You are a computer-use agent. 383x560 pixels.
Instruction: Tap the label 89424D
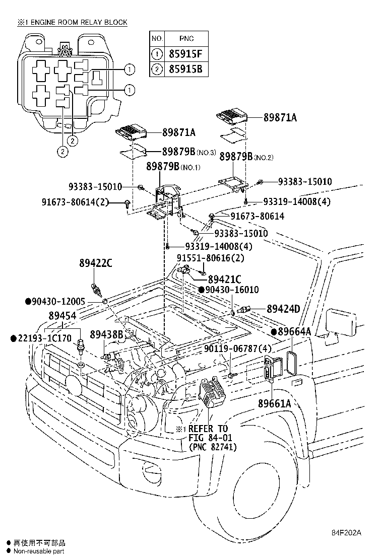click(283, 309)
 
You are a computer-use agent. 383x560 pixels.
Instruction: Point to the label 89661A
click(275, 403)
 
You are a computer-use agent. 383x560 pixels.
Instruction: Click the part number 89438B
click(106, 334)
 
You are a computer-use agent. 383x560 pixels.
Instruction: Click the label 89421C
click(225, 279)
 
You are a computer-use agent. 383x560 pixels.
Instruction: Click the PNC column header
click(186, 38)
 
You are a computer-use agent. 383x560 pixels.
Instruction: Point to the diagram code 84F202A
click(347, 533)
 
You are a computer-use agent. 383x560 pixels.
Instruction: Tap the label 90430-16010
click(232, 290)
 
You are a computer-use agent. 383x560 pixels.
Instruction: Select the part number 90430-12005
click(59, 301)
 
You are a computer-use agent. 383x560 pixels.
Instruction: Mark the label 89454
click(62, 316)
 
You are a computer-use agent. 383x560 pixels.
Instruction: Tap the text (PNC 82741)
click(213, 447)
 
